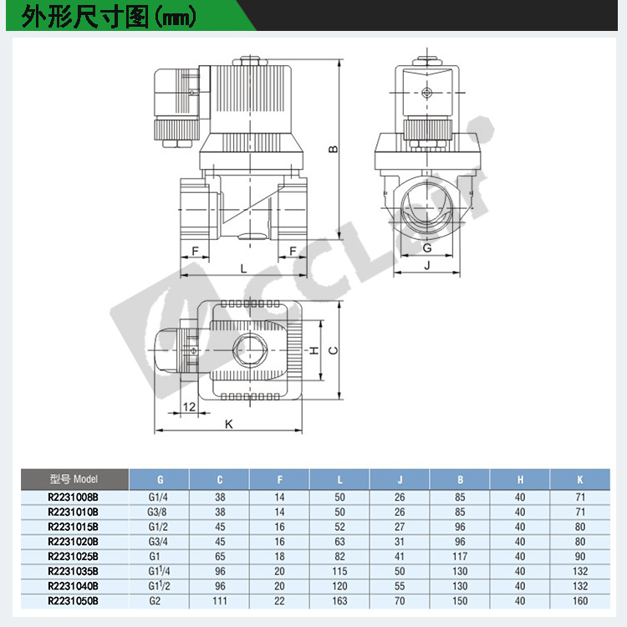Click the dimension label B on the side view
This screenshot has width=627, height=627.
tap(334, 150)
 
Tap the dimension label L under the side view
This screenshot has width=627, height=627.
tap(243, 268)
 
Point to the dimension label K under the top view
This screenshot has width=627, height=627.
tap(229, 424)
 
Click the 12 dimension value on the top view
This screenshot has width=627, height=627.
tap(189, 406)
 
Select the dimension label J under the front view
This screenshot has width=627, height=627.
tap(427, 265)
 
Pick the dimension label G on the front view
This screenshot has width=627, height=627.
tap(427, 248)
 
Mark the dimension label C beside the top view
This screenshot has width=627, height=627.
tap(333, 350)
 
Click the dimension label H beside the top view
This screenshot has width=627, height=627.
tap(314, 350)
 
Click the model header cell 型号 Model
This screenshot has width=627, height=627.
tap(74, 479)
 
